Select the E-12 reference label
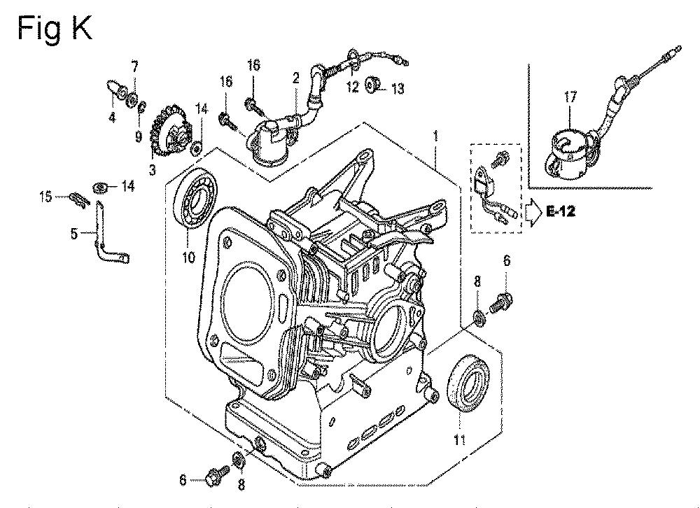point(561,211)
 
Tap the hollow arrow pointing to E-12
point(533,213)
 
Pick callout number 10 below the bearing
point(189,257)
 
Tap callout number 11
point(461,439)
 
